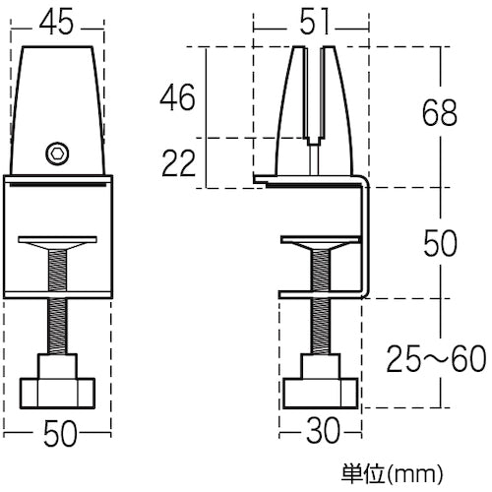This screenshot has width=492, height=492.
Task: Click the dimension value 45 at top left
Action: (58, 21)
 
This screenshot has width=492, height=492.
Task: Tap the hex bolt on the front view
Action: (58, 153)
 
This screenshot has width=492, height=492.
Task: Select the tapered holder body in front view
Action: (58, 98)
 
